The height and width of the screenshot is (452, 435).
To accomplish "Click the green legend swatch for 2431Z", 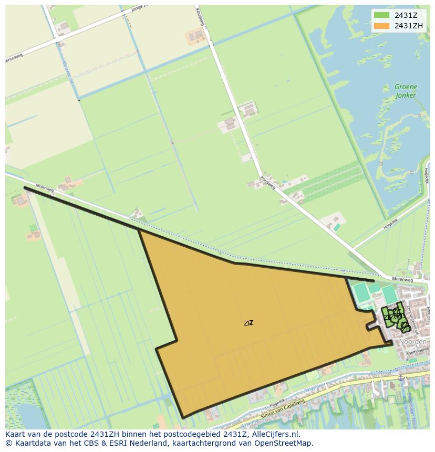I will tap(381, 15).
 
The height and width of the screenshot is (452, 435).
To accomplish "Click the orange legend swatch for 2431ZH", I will tap(381, 26).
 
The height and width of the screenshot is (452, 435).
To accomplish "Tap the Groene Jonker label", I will tap(406, 91).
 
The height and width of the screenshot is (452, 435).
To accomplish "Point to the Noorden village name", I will tap(413, 342).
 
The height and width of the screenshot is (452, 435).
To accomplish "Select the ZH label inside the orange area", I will tap(248, 323).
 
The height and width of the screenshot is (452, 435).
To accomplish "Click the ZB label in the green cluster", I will tap(406, 329).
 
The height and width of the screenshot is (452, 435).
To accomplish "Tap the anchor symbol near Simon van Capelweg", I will tap(400, 377).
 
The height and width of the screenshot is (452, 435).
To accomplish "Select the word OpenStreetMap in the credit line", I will tap(284, 443).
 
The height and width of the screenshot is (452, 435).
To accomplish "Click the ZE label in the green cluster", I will tap(388, 317).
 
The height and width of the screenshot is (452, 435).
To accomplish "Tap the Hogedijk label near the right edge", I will tap(427, 181).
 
